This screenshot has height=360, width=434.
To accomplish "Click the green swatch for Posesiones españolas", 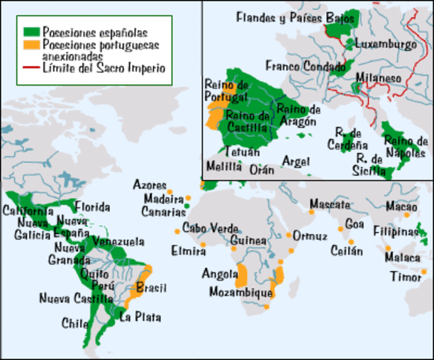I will [30, 32].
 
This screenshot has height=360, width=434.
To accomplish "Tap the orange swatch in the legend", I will [30, 45].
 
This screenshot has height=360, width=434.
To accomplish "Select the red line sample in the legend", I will [30, 67].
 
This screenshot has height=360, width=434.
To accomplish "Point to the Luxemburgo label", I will [386, 44].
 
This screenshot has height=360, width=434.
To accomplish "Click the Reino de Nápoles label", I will [405, 147].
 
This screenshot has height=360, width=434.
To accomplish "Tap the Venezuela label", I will [116, 242].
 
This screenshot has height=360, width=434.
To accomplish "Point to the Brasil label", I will [152, 288].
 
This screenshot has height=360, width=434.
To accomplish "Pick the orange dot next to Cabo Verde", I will [176, 230].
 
